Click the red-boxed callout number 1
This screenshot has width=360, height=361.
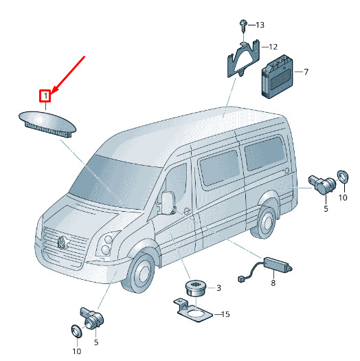coord(46,96)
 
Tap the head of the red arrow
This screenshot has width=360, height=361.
coord(52,92)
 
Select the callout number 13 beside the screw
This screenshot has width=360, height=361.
coord(260,25)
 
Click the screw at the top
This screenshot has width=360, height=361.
coord(243,25)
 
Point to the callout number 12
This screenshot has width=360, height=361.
coord(273,47)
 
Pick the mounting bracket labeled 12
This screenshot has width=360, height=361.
coord(244,58)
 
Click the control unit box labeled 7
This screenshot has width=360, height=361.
coord(278,76)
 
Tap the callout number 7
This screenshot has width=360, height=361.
coord(306,72)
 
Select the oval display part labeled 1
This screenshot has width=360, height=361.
coord(47,124)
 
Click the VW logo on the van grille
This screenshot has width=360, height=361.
coord(62,243)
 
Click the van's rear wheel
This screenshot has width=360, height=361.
coord(265,222)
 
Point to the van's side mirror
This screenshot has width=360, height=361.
coord(168,203)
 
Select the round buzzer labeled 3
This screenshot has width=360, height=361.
coord(196,288)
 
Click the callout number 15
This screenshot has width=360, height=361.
coord(225,314)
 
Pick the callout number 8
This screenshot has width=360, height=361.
coord(273,283)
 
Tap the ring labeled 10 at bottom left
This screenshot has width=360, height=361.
coord(76,331)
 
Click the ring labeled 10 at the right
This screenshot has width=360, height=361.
coord(343,177)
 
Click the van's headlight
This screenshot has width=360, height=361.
coord(106,245)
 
